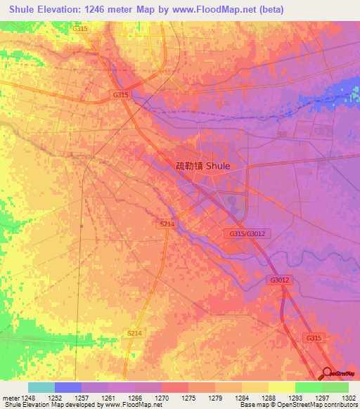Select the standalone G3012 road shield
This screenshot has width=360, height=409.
point(279,280)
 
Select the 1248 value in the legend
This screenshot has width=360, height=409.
point(28,398)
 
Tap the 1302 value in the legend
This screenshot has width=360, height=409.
point(349,398)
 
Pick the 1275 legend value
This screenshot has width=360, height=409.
point(188,398)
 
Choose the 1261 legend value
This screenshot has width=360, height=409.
point(108,398)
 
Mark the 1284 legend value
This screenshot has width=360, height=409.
point(242,398)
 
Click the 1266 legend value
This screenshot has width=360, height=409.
point(135,398)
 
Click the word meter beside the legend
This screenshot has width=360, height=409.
point(10,398)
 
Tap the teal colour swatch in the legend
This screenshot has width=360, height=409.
point(41,387)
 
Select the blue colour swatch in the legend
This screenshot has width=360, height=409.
point(68,387)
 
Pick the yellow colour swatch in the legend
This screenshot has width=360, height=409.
point(281,387)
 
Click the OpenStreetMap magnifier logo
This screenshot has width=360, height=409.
point(328,374)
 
